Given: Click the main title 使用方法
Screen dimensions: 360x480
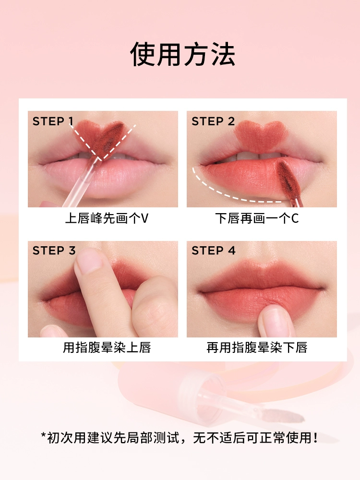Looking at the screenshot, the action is point(183,54).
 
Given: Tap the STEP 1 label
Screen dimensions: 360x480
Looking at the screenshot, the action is point(53,121).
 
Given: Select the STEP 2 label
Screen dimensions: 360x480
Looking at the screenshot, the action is point(213,121).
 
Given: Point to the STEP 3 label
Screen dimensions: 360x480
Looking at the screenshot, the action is point(54,251).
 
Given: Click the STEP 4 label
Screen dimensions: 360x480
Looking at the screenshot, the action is point(214,251).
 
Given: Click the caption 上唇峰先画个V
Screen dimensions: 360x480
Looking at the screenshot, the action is point(107,218).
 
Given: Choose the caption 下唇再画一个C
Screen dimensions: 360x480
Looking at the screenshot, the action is point(257,218).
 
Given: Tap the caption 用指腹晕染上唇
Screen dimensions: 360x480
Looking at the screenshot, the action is point(107,348).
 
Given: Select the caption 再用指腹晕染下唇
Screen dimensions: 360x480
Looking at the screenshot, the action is point(257,348).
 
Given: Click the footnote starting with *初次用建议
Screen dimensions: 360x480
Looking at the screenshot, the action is point(180,437).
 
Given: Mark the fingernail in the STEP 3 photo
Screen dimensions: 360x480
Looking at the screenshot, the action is point(89,261).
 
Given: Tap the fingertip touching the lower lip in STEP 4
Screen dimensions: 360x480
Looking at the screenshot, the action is point(275,320).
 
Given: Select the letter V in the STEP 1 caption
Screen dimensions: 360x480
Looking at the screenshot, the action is point(144,218).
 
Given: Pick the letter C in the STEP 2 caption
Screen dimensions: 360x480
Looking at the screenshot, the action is point(295,218).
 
